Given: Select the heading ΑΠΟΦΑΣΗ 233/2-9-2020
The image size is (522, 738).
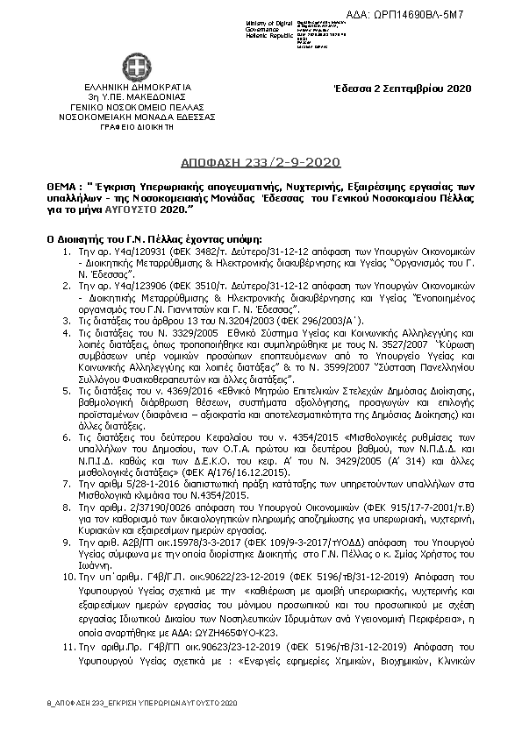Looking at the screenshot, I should click(260, 163).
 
